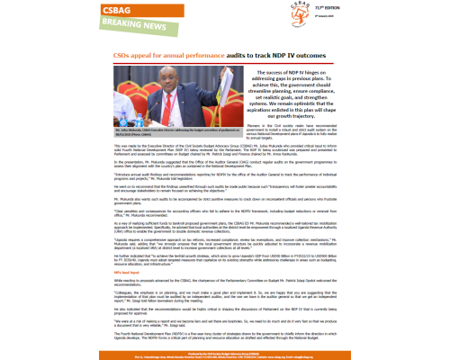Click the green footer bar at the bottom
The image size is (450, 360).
point(225,354)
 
